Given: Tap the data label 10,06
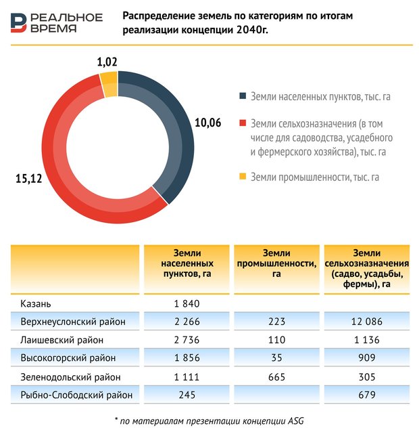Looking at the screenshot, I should tap(208, 123).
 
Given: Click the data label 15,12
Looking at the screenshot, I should tap(29, 179).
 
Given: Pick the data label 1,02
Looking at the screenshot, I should tap(107, 62).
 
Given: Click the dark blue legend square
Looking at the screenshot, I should tap(243, 96).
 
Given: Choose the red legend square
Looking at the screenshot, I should tap(243, 123).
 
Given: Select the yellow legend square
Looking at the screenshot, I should tap(243, 177).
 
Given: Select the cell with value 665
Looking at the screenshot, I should tap(276, 377).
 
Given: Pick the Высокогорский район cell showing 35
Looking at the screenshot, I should tap(276, 358).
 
